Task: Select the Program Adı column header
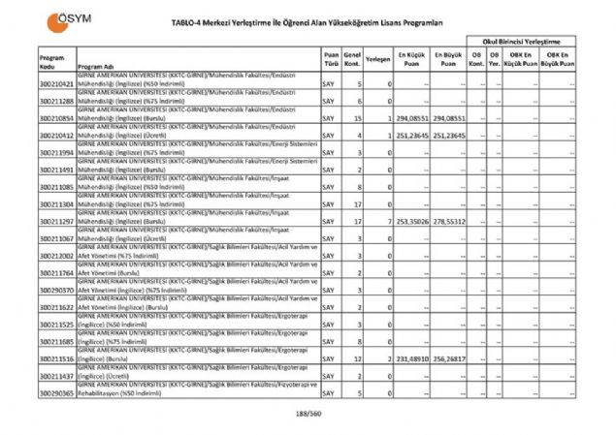95,67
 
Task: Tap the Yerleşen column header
378,59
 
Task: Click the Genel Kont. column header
353,59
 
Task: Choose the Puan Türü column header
332,59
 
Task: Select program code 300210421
57,84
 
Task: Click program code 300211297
57,222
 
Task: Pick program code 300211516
57,358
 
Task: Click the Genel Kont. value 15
359,118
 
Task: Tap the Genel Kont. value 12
359,358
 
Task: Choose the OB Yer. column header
495,59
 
